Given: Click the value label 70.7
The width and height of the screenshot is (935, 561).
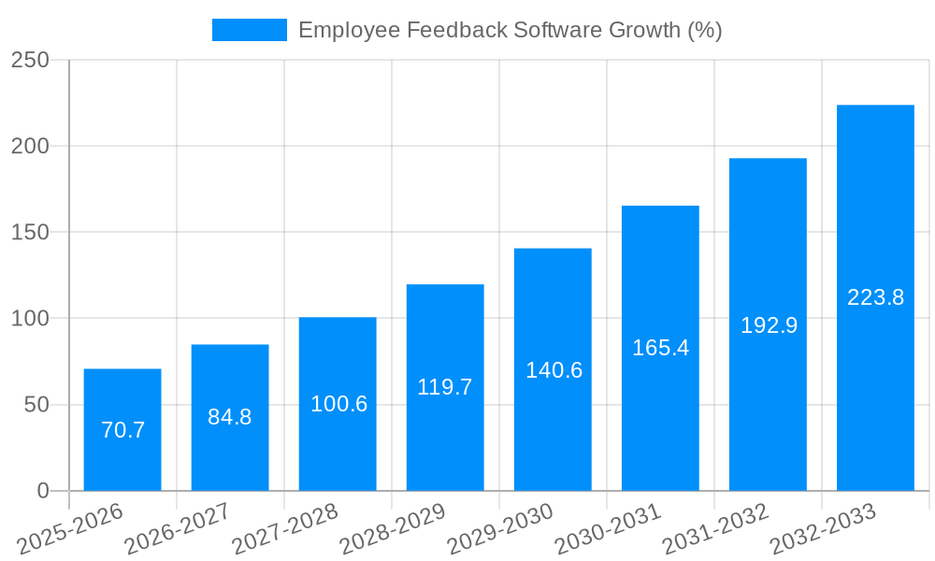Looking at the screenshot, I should pos(122,430).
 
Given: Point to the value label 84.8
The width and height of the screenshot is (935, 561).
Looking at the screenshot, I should pos(230,417).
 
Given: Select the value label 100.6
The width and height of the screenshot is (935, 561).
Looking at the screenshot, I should pos(338,404).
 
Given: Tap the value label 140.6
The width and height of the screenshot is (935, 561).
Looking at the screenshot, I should pos(554,370).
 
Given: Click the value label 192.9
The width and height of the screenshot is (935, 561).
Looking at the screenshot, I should pos(769,325).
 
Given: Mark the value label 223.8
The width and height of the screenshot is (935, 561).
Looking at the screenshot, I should pos(875,297).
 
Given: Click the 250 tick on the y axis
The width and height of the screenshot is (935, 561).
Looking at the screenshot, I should pos(30,60).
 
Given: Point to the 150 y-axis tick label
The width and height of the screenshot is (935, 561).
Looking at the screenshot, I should pos(30,233).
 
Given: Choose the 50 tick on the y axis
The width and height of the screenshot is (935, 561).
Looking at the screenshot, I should pos(36,405).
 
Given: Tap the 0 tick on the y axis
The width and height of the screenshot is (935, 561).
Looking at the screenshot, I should pos(42,491).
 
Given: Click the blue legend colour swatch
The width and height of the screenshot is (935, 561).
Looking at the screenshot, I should pos(250,30).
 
